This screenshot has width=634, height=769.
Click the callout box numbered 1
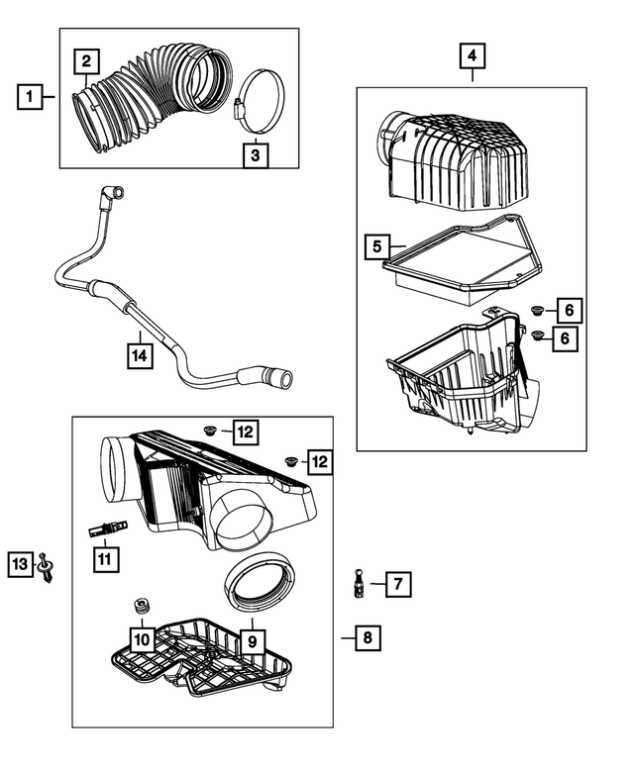31,97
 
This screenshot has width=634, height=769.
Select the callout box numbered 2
87,61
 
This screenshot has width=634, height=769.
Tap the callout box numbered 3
255,155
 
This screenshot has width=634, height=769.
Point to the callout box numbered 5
376,245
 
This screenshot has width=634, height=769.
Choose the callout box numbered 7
396,584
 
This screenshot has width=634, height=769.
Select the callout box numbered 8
367,638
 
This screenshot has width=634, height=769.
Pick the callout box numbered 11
105,559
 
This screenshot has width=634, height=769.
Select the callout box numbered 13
20,563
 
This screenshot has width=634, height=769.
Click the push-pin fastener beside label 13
47,569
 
